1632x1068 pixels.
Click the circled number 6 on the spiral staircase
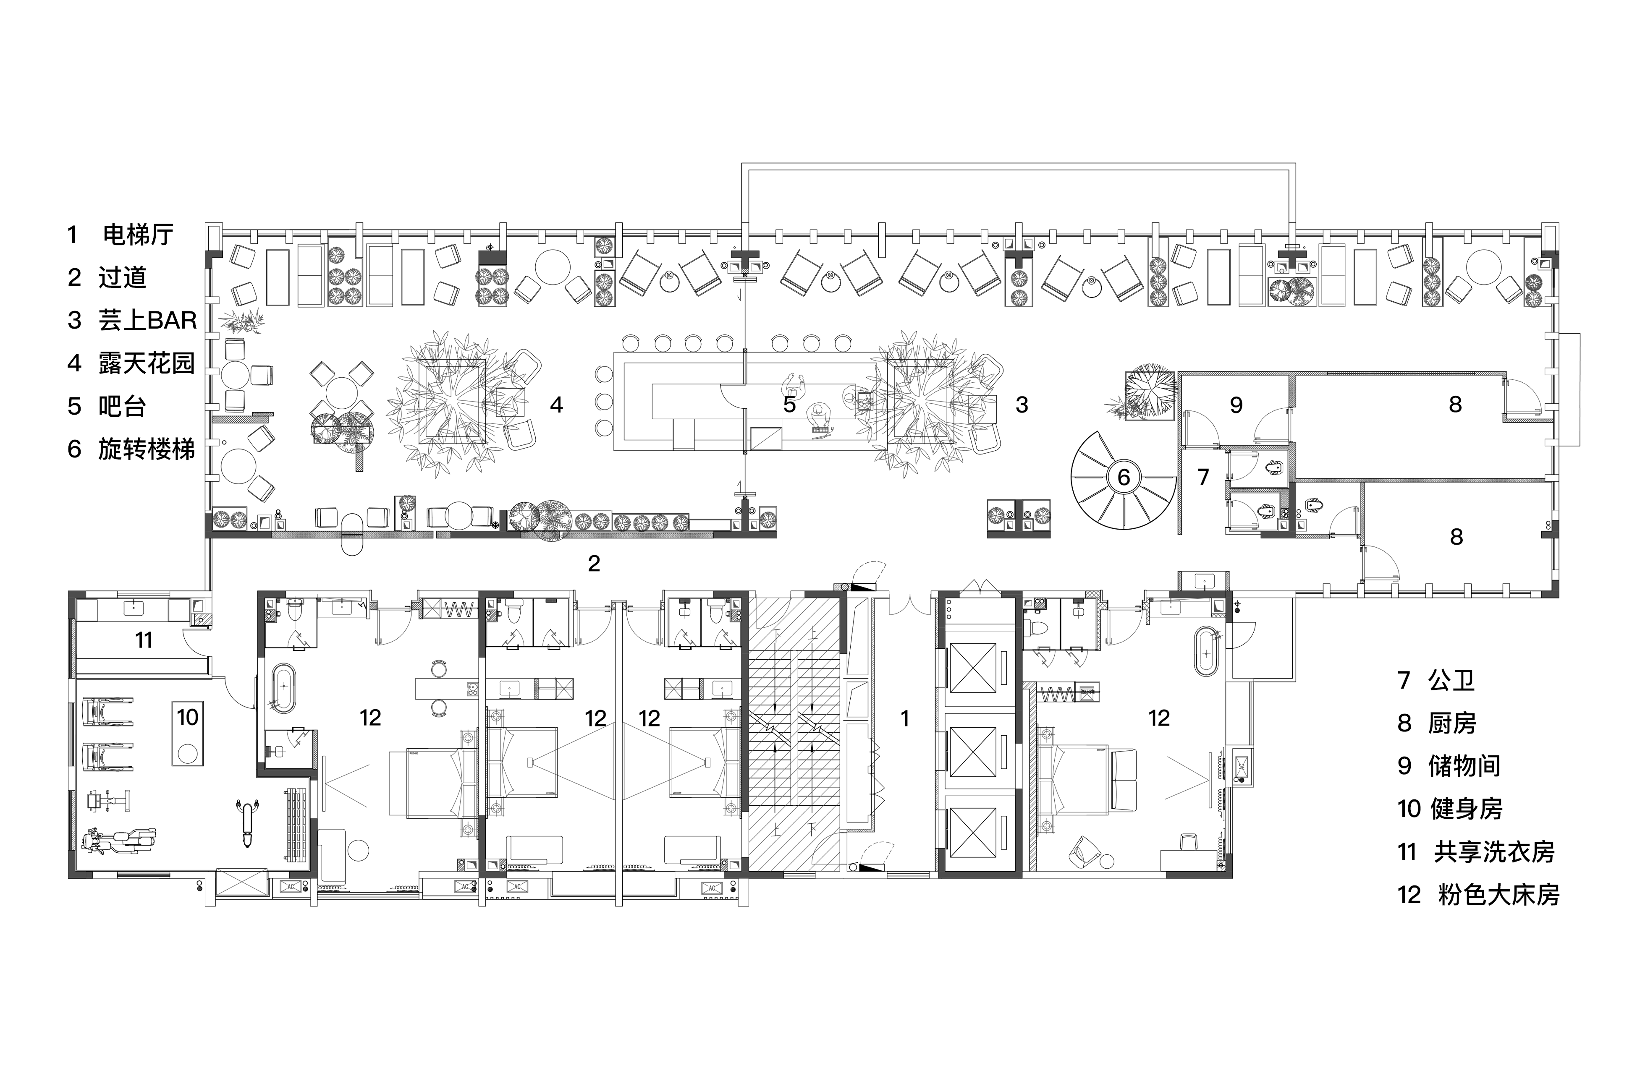coord(1123,476)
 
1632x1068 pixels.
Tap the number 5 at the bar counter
coord(789,405)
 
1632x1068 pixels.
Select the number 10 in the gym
coord(187,717)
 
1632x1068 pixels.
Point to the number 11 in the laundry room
coord(143,640)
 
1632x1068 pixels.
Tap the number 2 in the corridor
coord(594,564)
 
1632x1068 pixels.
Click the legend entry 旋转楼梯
coord(147,449)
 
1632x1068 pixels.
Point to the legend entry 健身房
coord(1466,809)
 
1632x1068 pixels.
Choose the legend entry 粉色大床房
coord(1499,895)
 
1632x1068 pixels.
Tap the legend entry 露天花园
coord(147,363)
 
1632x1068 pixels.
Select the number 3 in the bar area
coord(1022,405)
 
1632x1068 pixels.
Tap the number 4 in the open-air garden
coord(556,405)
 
